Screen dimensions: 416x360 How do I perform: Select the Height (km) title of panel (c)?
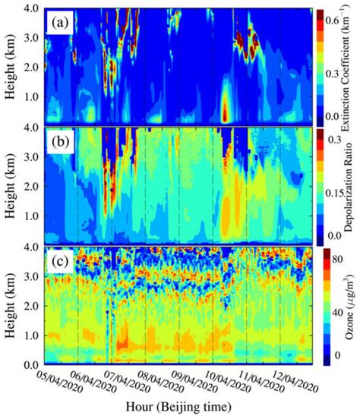(10, 304)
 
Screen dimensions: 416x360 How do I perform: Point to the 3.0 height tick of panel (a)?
(35, 36)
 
